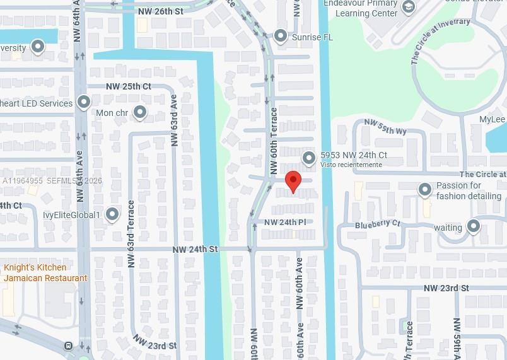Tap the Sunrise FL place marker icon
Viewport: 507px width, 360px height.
tap(281, 36)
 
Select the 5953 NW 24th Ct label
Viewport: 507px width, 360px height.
tap(353, 154)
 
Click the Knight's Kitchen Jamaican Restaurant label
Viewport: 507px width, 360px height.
tap(45, 273)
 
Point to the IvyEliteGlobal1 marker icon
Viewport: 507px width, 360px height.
tap(113, 214)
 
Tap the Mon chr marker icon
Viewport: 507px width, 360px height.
tap(140, 113)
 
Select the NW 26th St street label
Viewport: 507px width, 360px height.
tap(161, 11)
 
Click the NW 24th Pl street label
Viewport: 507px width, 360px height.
tap(285, 223)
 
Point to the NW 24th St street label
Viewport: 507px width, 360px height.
tap(195, 250)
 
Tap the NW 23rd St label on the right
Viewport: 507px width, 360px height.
tap(446, 288)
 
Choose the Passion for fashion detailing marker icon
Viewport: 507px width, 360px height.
tap(425, 189)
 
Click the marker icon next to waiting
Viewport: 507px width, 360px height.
tap(473, 226)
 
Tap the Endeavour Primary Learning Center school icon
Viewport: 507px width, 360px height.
tap(409, 7)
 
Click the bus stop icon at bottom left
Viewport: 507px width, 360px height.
tap(68, 345)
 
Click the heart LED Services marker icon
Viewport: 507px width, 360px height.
tap(84, 102)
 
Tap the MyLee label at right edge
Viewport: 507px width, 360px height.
tap(492, 119)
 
